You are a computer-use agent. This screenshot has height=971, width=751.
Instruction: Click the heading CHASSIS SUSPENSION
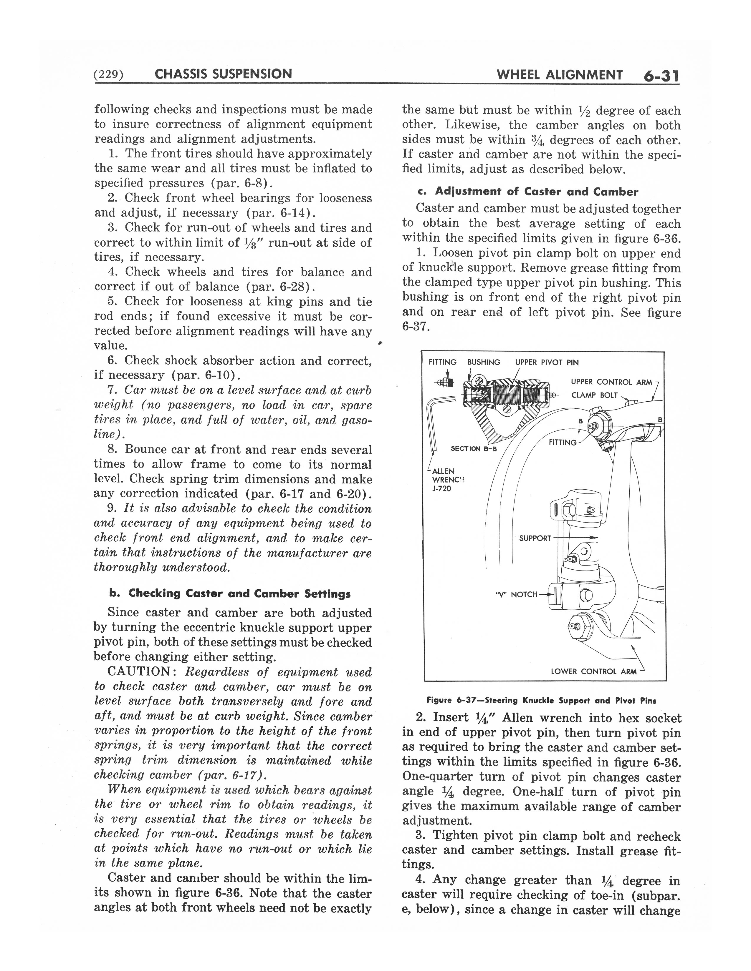click(223, 74)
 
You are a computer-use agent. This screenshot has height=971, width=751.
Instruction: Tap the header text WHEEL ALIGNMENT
click(559, 75)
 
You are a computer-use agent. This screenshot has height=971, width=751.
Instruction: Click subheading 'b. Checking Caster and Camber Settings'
click(230, 593)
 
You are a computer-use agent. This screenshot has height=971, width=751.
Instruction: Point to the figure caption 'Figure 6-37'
click(541, 700)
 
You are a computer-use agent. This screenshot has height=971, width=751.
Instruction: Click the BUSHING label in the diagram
click(484, 362)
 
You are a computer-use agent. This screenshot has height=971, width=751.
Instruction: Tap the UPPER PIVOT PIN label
click(547, 362)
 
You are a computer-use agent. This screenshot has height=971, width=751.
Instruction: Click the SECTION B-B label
click(474, 449)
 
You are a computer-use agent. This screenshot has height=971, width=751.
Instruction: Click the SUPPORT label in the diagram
click(535, 538)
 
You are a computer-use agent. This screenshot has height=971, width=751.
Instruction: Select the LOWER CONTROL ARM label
click(593, 671)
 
